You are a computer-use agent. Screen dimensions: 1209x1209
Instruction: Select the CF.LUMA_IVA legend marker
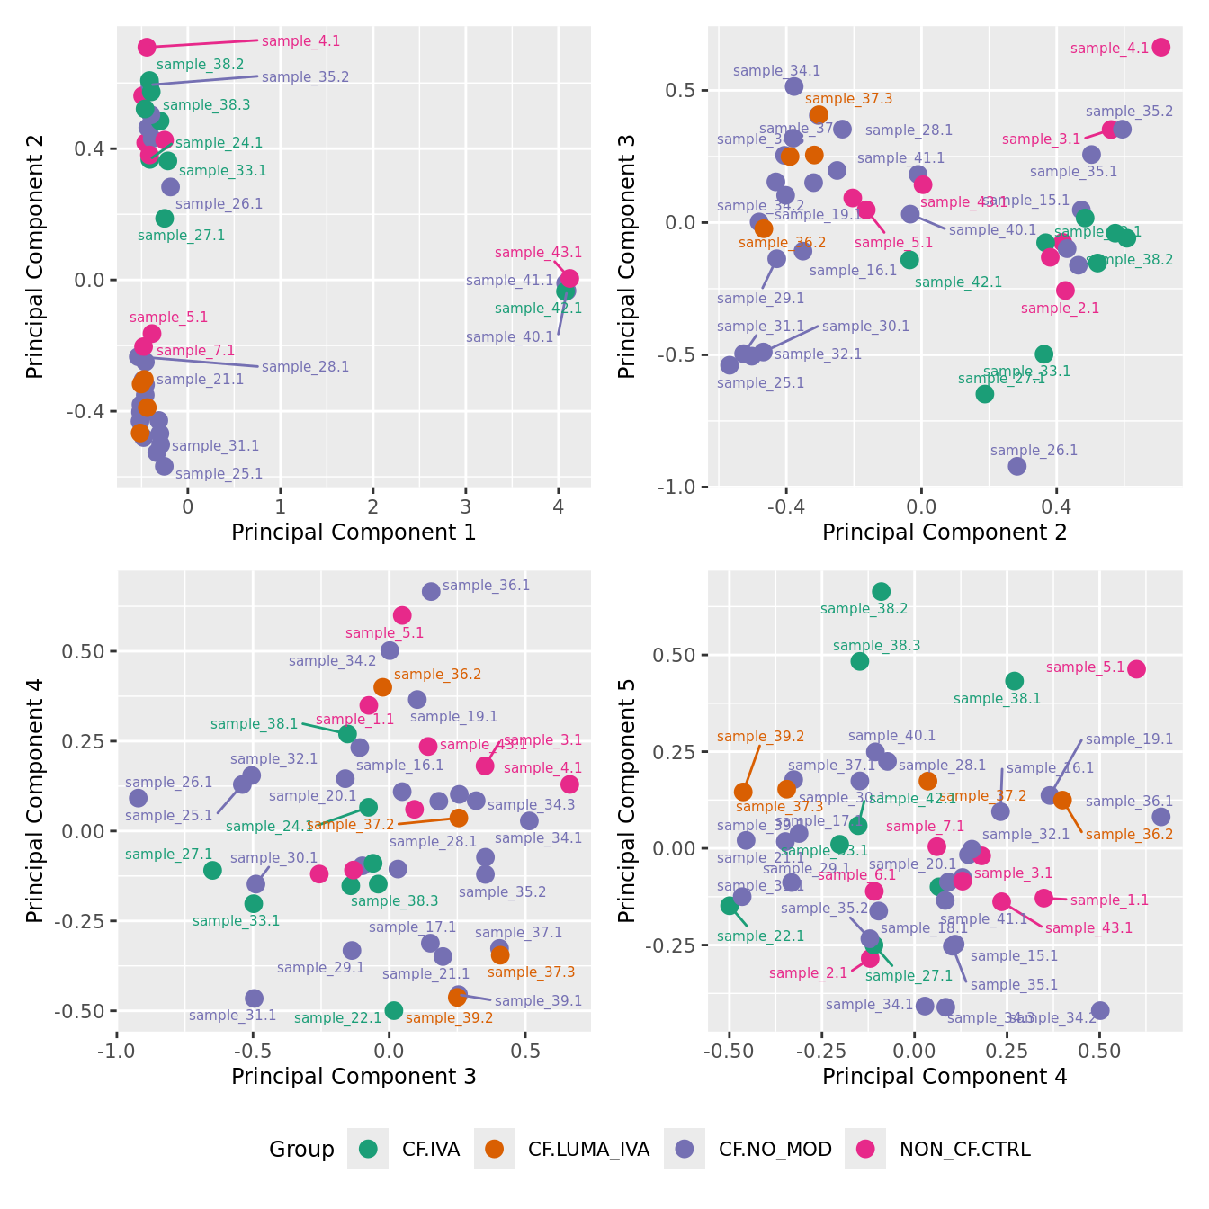pyautogui.click(x=494, y=1149)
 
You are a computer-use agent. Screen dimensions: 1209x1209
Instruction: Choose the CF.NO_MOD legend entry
pyautogui.click(x=775, y=1149)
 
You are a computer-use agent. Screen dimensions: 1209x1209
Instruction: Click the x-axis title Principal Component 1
pyautogui.click(x=354, y=533)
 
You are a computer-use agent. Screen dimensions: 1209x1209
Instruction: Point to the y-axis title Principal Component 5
pyautogui.click(x=627, y=800)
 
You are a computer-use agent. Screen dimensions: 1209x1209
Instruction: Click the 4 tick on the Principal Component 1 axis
pyautogui.click(x=558, y=507)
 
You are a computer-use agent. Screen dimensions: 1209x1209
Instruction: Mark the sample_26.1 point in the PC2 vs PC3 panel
pyautogui.click(x=1016, y=466)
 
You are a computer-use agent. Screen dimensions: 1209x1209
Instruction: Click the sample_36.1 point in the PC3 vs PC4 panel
pyautogui.click(x=431, y=591)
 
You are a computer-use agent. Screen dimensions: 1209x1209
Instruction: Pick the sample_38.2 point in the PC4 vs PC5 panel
pyautogui.click(x=881, y=591)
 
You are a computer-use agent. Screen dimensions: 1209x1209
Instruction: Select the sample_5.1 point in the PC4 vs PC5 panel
pyautogui.click(x=1136, y=669)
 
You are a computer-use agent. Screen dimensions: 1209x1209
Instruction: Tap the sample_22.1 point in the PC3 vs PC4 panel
pyautogui.click(x=393, y=1010)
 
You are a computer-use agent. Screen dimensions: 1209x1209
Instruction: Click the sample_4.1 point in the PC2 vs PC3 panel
pyautogui.click(x=1160, y=47)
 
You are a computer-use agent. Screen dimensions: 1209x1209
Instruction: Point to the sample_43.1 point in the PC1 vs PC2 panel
pyautogui.click(x=569, y=279)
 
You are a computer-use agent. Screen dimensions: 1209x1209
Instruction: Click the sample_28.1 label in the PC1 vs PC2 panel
pyautogui.click(x=305, y=367)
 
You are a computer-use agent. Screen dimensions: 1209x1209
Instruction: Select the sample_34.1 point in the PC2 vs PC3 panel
pyautogui.click(x=793, y=86)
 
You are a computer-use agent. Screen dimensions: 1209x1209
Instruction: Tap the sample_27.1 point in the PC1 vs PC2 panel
pyautogui.click(x=164, y=218)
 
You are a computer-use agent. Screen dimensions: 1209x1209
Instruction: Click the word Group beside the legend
pyautogui.click(x=301, y=1149)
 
